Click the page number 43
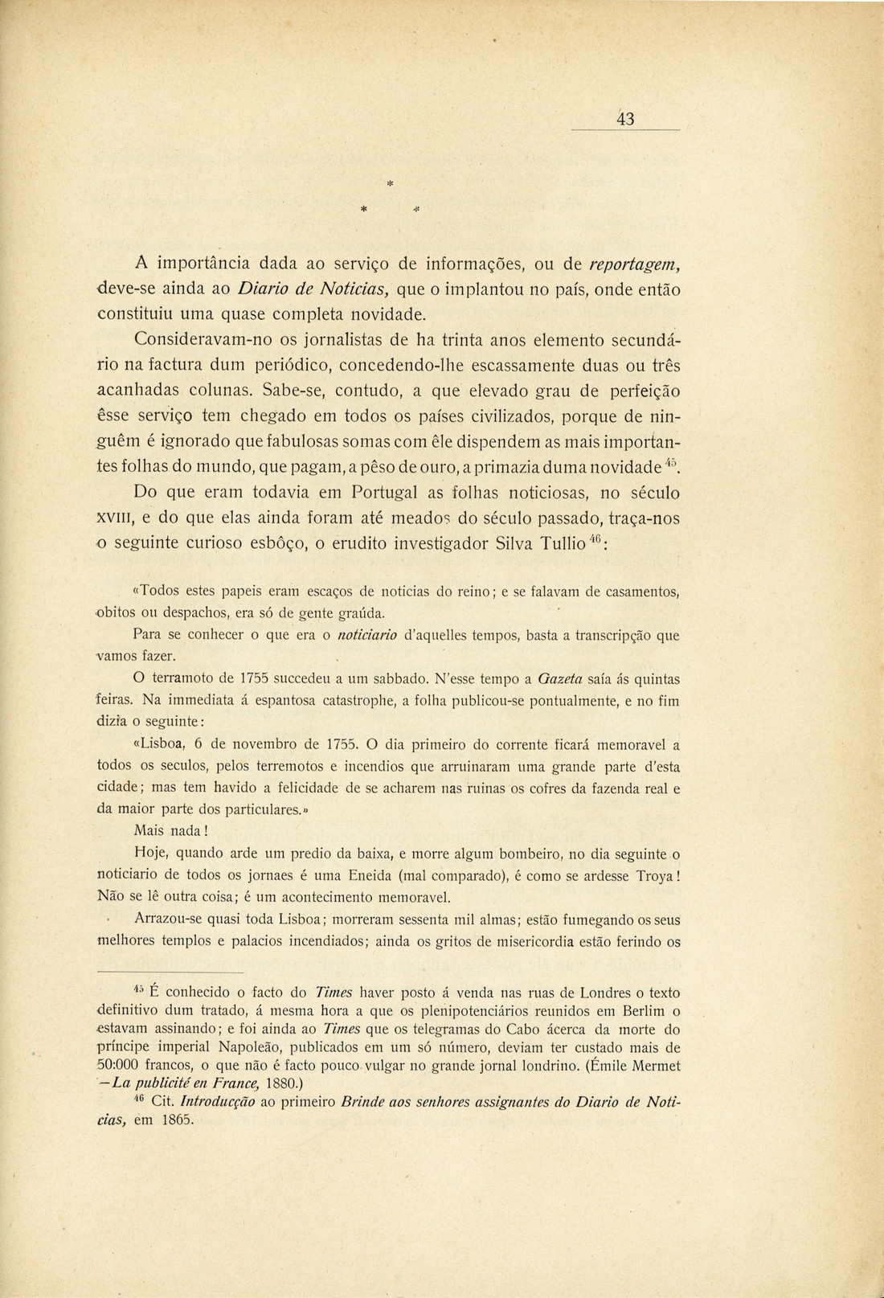click(626, 120)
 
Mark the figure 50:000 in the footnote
click(120, 1066)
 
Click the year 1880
click(265, 1083)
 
